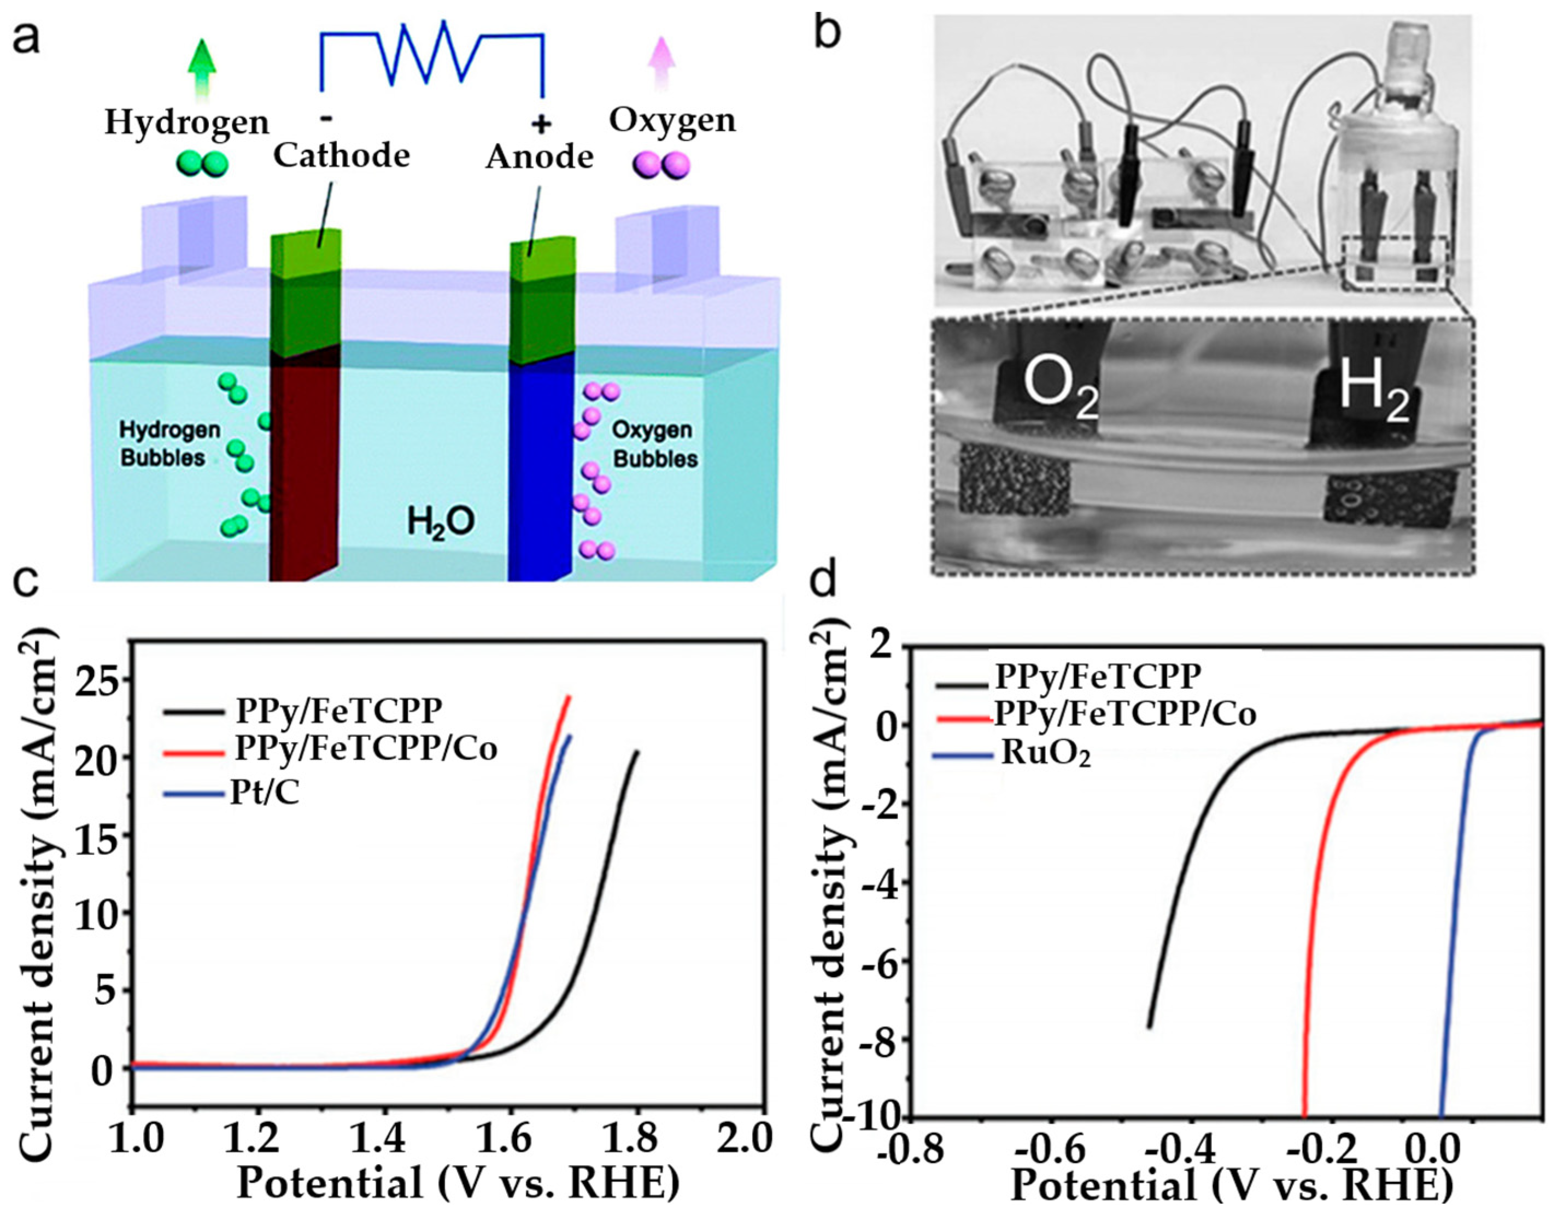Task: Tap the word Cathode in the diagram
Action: [x=342, y=156]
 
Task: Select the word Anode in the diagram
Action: [x=540, y=157]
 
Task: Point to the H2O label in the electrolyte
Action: [x=441, y=522]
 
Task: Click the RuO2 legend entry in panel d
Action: [x=1045, y=754]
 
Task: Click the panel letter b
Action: [x=829, y=30]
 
